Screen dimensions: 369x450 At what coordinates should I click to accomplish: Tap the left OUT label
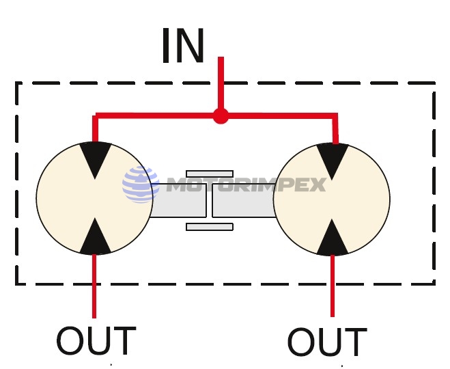tap(96, 342)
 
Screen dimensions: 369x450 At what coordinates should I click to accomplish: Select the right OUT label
tap(326, 342)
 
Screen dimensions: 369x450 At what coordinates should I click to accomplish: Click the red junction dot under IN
tap(220, 116)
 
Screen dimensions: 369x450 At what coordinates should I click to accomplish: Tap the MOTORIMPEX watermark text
tap(246, 185)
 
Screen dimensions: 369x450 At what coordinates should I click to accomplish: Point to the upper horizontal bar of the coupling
tap(210, 174)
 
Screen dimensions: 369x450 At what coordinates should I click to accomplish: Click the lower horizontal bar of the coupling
tap(210, 226)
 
